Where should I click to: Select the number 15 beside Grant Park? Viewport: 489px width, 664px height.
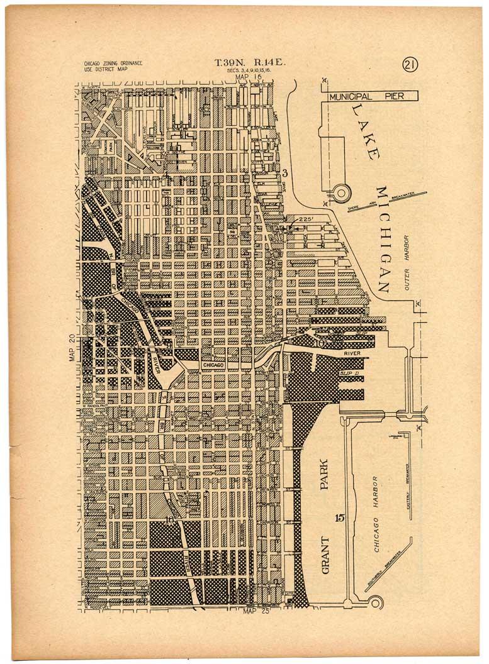tap(340, 518)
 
